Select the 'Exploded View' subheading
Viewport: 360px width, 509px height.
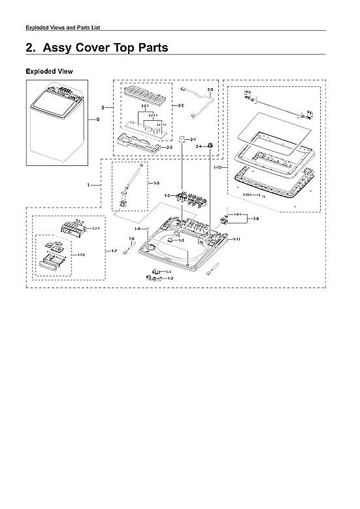click(49, 71)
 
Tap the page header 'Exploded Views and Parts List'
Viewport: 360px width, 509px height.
click(62, 27)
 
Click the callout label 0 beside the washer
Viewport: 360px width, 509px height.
click(98, 120)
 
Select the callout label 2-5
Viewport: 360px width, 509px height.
click(169, 148)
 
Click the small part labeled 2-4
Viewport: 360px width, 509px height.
click(210, 145)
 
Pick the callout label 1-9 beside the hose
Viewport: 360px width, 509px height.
click(156, 184)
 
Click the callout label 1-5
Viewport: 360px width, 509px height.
click(167, 196)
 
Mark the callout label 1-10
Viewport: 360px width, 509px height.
click(218, 168)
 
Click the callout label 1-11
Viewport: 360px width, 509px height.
click(237, 240)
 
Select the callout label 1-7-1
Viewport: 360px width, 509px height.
click(95, 229)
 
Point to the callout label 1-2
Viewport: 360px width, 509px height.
click(170, 279)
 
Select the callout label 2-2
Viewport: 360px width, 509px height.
click(180, 105)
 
